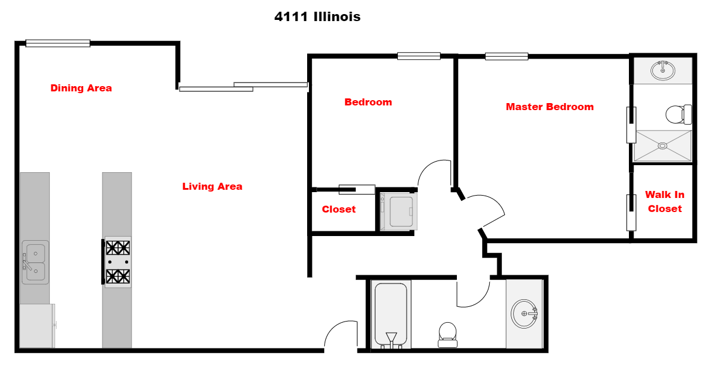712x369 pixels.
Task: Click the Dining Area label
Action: tap(81, 88)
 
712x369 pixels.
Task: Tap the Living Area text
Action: tap(212, 187)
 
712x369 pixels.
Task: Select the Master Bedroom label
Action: tap(549, 107)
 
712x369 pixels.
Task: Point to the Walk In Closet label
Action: tap(665, 201)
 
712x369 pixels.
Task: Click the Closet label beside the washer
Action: tap(339, 210)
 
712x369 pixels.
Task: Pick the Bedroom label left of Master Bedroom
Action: tap(368, 102)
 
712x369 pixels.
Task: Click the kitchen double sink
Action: tap(35, 262)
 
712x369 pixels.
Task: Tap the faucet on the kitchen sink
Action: tap(26, 262)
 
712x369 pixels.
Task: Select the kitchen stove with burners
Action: tap(118, 262)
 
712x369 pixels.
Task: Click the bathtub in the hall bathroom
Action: tap(391, 314)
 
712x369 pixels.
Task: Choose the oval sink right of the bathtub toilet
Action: tap(524, 314)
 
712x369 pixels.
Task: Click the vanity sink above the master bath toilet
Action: tap(662, 71)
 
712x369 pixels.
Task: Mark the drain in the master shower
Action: tap(662, 146)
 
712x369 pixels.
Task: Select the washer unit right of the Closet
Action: tap(399, 211)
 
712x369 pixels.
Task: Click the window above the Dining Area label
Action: tap(58, 43)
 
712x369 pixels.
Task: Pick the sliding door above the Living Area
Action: tap(243, 87)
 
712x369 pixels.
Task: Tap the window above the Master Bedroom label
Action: tap(507, 57)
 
